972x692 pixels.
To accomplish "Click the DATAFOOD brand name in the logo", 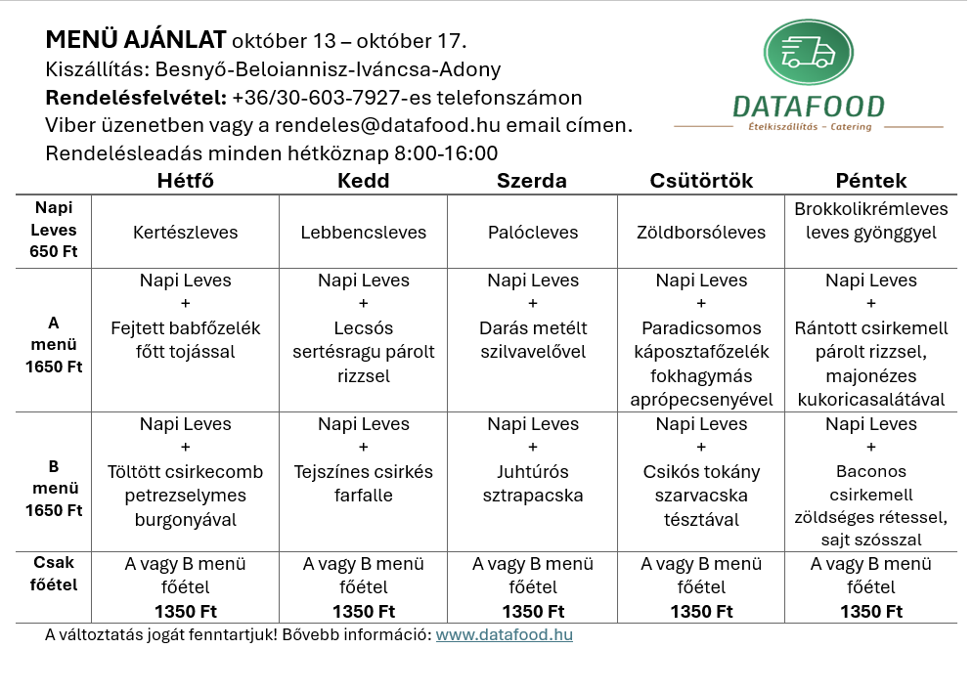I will tap(808, 107).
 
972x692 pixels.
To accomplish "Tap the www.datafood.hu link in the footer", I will tap(505, 634).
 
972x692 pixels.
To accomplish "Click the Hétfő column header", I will tap(186, 181).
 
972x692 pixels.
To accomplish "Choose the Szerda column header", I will tap(532, 181).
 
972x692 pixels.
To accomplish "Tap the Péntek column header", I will tap(870, 181).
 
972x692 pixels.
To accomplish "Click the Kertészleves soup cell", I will tap(186, 233).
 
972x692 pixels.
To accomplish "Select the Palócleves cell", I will tap(533, 233).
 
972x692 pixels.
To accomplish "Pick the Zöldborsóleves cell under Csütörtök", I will tap(701, 233).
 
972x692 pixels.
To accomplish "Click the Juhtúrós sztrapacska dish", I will tap(533, 484).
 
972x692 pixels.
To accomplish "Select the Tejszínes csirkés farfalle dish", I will tap(364, 484).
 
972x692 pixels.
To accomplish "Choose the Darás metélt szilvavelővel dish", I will tap(533, 339).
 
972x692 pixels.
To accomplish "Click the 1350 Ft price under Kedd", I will tap(364, 612).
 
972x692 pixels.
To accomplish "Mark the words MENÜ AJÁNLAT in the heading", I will tap(136, 41).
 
